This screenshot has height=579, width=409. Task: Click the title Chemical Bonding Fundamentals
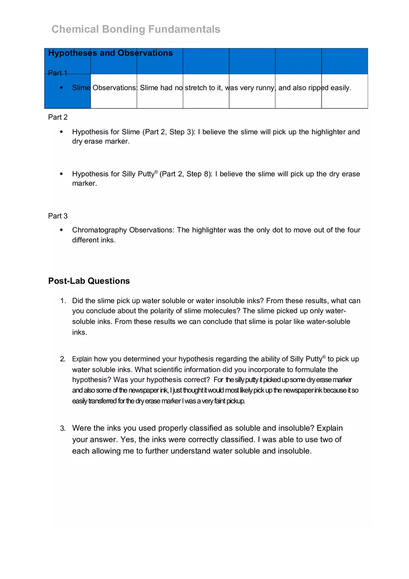tap(136, 29)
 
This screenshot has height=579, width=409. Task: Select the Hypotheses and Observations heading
tap(110, 53)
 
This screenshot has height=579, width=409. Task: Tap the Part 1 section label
tap(58, 73)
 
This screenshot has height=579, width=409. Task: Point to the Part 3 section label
tap(58, 216)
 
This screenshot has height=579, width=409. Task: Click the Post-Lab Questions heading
tap(89, 281)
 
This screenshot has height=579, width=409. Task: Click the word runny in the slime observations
tap(264, 87)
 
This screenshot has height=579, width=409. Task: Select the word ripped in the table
tap(318, 87)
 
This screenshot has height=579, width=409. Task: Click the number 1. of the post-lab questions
tap(63, 301)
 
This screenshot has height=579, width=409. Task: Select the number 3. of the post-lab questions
tap(63, 428)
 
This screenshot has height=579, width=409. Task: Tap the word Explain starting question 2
tap(82, 359)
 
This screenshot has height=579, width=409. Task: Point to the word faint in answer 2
tap(218, 401)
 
